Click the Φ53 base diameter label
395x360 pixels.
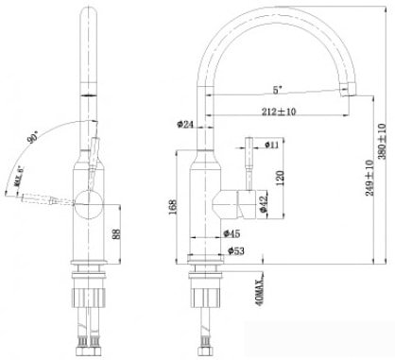(237, 250)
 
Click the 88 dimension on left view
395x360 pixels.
(118, 233)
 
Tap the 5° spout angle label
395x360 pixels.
(277, 90)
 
